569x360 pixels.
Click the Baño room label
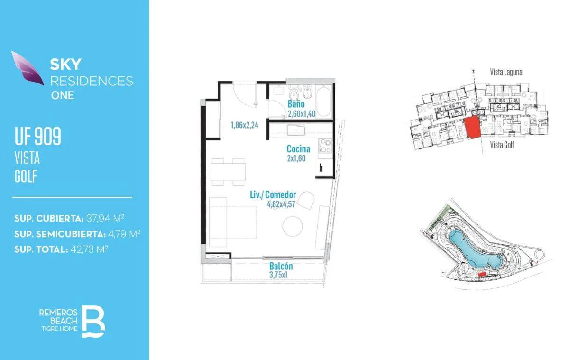(x=296, y=104)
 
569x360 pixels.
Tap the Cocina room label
(x=298, y=148)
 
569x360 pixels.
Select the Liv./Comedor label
(x=273, y=194)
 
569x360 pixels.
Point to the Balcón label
(x=281, y=266)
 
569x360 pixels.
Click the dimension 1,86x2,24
(x=244, y=125)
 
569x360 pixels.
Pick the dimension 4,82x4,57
(x=281, y=204)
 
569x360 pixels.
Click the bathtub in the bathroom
(x=323, y=102)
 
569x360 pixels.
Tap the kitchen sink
(x=296, y=130)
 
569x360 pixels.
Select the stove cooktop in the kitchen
(x=325, y=146)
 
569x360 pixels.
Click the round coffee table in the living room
(x=293, y=226)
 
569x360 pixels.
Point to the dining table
(x=228, y=172)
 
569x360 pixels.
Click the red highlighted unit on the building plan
(x=473, y=127)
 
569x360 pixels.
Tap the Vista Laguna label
(x=506, y=72)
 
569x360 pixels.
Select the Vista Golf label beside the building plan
(x=502, y=145)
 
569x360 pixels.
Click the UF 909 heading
(x=38, y=136)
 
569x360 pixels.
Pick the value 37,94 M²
(x=105, y=218)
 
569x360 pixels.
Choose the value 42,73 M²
(x=89, y=249)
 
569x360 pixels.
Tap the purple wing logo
(x=28, y=68)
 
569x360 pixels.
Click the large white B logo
(x=93, y=322)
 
